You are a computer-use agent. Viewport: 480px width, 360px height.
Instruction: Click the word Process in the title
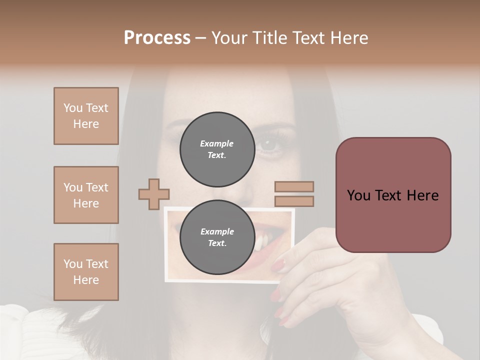pyautogui.click(x=157, y=37)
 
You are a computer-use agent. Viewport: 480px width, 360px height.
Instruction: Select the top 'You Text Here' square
pyautogui.click(x=86, y=116)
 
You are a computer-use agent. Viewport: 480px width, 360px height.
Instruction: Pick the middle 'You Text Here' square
pyautogui.click(x=86, y=195)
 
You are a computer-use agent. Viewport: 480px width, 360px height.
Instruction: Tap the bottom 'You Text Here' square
pyautogui.click(x=86, y=272)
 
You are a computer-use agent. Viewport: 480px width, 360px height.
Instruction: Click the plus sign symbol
pyautogui.click(x=154, y=194)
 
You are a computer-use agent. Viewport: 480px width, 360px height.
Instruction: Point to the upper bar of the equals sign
pyautogui.click(x=294, y=186)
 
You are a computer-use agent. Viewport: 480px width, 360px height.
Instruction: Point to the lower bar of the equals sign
pyautogui.click(x=294, y=201)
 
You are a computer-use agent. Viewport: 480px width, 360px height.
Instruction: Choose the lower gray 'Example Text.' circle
pyautogui.click(x=217, y=237)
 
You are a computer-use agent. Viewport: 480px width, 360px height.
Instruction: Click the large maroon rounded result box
pyautogui.click(x=393, y=195)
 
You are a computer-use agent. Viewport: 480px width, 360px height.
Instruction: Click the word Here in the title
pyautogui.click(x=349, y=37)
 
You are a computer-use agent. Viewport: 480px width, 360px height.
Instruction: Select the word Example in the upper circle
pyautogui.click(x=217, y=143)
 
